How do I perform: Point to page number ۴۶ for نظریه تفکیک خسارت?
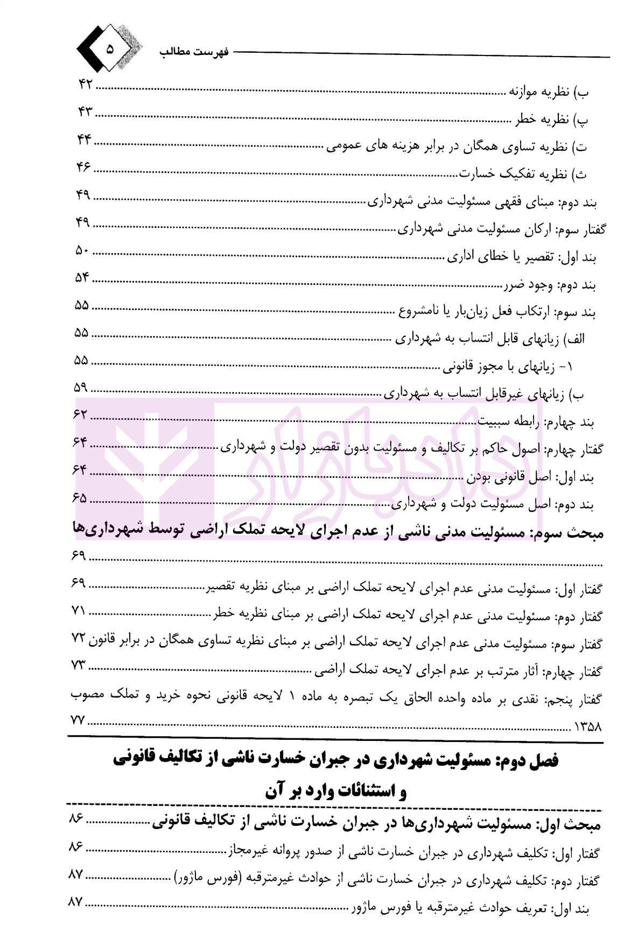[85, 167]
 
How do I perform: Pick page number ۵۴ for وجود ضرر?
[83, 278]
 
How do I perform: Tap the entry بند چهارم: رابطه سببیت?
[544, 422]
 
